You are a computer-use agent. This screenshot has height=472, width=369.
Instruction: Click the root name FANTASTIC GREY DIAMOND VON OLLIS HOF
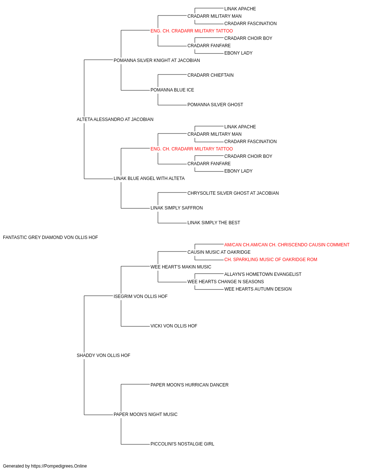(x=51, y=237)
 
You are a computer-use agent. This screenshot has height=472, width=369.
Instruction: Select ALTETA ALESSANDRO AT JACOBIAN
(x=115, y=119)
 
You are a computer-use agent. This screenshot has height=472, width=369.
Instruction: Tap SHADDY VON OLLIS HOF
(x=103, y=355)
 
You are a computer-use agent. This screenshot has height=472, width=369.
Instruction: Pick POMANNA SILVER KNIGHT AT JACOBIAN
(x=157, y=60)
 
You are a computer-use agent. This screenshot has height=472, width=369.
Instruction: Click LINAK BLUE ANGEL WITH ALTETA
(x=149, y=178)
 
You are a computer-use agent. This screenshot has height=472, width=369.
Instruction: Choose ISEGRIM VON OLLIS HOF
(x=141, y=296)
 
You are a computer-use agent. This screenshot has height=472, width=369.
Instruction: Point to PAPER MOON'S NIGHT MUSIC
(x=145, y=414)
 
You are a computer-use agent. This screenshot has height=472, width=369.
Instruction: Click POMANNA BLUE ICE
(x=172, y=90)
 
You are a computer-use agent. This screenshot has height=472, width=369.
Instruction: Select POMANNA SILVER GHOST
(x=215, y=105)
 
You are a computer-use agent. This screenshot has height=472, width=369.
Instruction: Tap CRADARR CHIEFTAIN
(x=210, y=75)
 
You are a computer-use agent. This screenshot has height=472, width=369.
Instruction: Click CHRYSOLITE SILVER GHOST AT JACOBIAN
(x=233, y=193)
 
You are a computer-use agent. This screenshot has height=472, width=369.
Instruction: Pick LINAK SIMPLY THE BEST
(x=214, y=223)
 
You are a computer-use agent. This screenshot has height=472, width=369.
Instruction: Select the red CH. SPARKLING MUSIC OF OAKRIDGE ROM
(x=270, y=260)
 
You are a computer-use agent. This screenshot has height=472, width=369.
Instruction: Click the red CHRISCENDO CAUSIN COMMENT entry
(x=287, y=245)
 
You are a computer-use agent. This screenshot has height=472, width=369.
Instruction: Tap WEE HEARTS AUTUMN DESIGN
(x=258, y=289)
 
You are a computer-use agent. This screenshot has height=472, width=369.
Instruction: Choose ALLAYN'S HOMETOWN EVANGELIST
(x=263, y=274)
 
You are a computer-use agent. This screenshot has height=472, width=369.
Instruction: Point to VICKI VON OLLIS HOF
(x=174, y=326)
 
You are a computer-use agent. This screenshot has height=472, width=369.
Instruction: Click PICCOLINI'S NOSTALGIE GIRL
(x=182, y=444)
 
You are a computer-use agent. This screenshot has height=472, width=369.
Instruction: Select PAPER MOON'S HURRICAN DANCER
(x=189, y=385)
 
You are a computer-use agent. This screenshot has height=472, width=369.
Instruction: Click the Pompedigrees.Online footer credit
(x=45, y=466)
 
